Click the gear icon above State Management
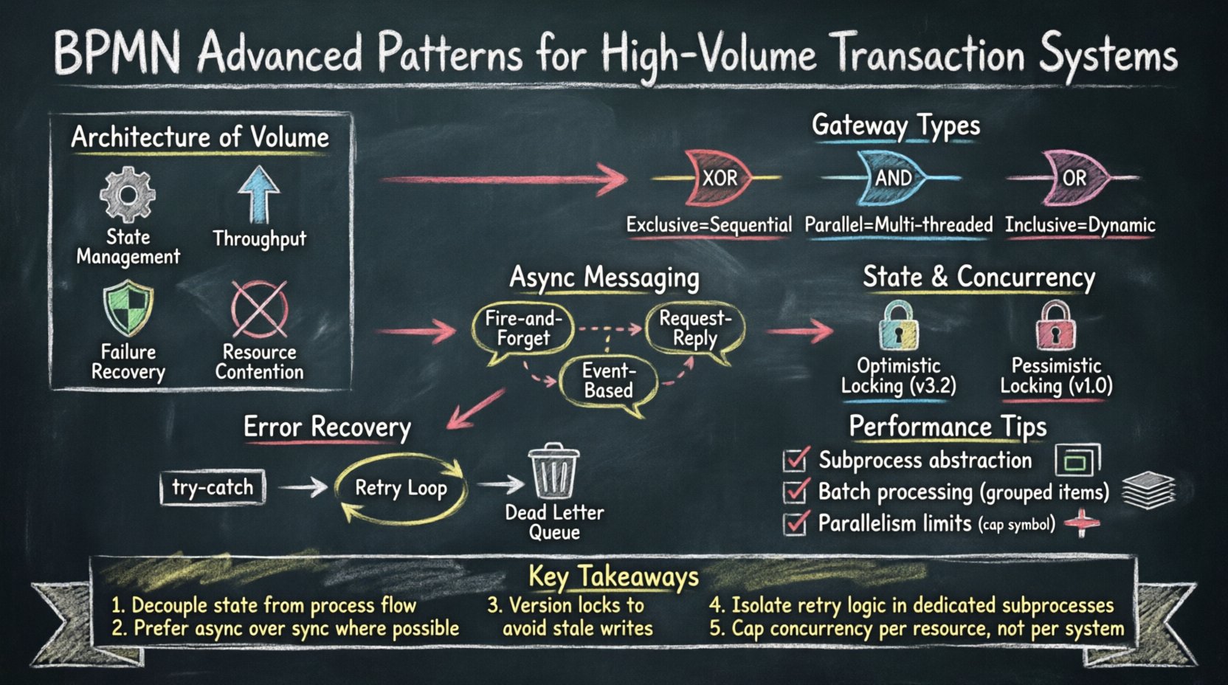(x=128, y=195)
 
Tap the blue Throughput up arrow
(x=258, y=194)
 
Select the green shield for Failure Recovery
(x=128, y=310)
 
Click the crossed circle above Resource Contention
(x=259, y=309)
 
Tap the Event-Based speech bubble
(x=608, y=381)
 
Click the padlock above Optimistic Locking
(x=898, y=326)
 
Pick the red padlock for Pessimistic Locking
(x=1055, y=326)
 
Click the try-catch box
(x=213, y=488)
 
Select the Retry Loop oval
(x=401, y=489)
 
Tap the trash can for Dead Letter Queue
(x=553, y=472)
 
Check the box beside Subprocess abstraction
(x=795, y=461)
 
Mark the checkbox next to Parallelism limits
(x=795, y=523)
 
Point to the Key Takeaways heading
(x=613, y=576)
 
